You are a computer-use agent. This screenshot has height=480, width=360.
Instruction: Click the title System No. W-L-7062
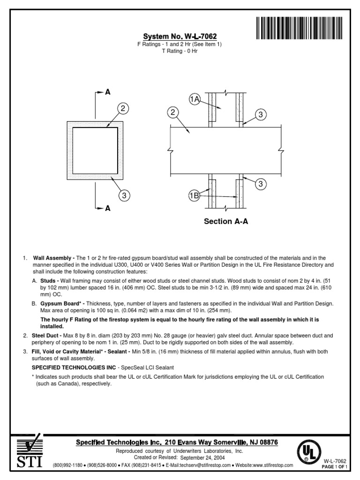point(180,37)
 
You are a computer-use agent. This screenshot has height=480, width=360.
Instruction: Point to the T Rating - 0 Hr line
point(180,51)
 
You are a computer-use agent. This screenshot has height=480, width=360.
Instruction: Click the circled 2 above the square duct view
point(123,109)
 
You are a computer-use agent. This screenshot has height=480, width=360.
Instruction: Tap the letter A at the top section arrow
point(108,92)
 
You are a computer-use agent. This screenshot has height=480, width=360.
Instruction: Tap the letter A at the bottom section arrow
point(108,209)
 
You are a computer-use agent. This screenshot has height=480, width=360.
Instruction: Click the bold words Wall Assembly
point(53,258)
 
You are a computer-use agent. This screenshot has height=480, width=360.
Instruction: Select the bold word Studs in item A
point(48,280)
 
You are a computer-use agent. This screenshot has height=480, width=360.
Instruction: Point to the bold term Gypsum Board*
point(58,304)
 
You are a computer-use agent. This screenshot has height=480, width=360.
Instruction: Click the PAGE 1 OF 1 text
point(334,467)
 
